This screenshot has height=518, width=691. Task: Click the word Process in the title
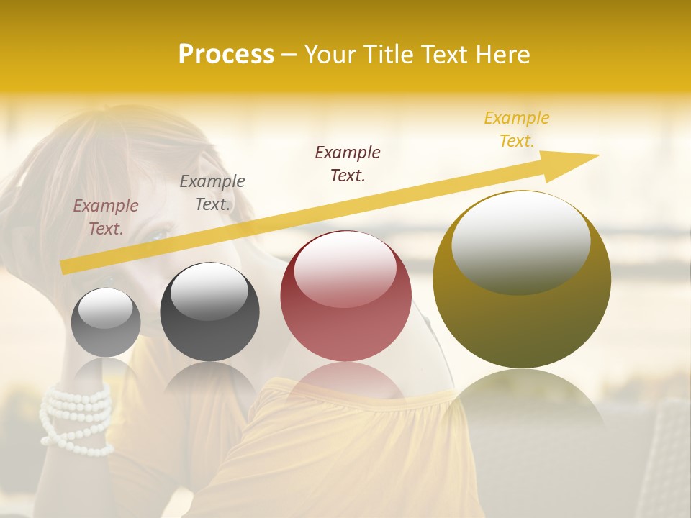226,54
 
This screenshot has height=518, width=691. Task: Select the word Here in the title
502,54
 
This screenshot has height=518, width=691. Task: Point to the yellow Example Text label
516,129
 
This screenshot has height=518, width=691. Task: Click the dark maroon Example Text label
348,163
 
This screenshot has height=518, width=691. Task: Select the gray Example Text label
212,193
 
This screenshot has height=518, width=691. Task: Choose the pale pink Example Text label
106,217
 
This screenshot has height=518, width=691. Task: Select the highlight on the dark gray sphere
209,291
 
